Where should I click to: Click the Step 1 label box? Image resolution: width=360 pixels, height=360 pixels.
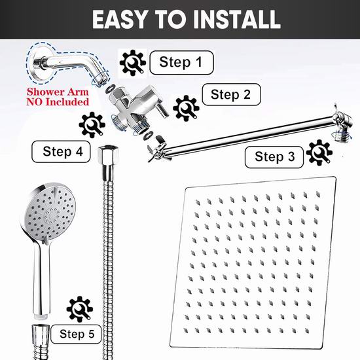181,62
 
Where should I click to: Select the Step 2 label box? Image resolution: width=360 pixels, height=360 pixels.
231,94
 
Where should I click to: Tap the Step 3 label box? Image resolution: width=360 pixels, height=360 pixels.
274,157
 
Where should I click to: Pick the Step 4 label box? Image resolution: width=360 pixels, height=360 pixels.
61,152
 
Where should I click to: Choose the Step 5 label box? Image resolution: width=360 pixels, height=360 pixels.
76,334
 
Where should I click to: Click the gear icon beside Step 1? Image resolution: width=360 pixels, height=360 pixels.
133,63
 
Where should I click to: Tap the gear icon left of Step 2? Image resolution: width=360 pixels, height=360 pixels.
186,108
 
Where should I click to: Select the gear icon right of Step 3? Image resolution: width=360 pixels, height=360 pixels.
319,153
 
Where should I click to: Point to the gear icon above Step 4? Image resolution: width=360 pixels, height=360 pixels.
92,125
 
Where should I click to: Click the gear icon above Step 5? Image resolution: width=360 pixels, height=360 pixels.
80,309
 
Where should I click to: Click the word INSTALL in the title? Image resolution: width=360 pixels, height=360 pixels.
236,20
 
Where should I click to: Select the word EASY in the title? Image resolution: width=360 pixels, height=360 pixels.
120,20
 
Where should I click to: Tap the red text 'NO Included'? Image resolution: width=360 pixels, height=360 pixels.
58,101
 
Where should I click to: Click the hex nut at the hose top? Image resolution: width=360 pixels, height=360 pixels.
108,153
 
